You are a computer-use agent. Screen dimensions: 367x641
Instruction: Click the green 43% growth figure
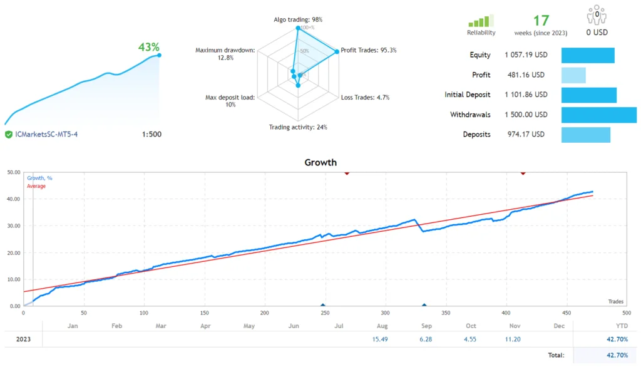[x=148, y=47]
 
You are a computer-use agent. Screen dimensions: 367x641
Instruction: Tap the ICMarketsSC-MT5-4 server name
[x=47, y=135]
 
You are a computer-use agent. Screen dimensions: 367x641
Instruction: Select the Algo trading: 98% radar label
[x=298, y=20]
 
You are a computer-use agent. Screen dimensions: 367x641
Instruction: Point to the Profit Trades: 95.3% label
[x=368, y=50]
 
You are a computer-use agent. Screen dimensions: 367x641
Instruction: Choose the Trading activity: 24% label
[x=298, y=127]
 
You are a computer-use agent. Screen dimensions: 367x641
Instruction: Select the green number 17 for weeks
[x=541, y=20]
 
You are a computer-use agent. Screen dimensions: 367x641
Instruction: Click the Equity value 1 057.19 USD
[x=526, y=55]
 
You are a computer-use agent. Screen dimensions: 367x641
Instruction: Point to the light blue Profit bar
[x=573, y=75]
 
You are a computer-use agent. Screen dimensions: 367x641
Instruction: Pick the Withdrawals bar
[x=598, y=115]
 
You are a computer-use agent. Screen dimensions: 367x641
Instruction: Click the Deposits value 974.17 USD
[x=525, y=135]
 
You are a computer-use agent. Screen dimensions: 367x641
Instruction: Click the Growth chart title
[x=320, y=162]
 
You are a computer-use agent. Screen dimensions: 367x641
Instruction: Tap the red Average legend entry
[x=36, y=186]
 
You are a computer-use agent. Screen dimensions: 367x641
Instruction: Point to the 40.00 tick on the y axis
[x=13, y=199]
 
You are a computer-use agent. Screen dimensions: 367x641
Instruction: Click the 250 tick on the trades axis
[x=324, y=312]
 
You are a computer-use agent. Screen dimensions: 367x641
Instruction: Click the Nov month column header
[x=515, y=326]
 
